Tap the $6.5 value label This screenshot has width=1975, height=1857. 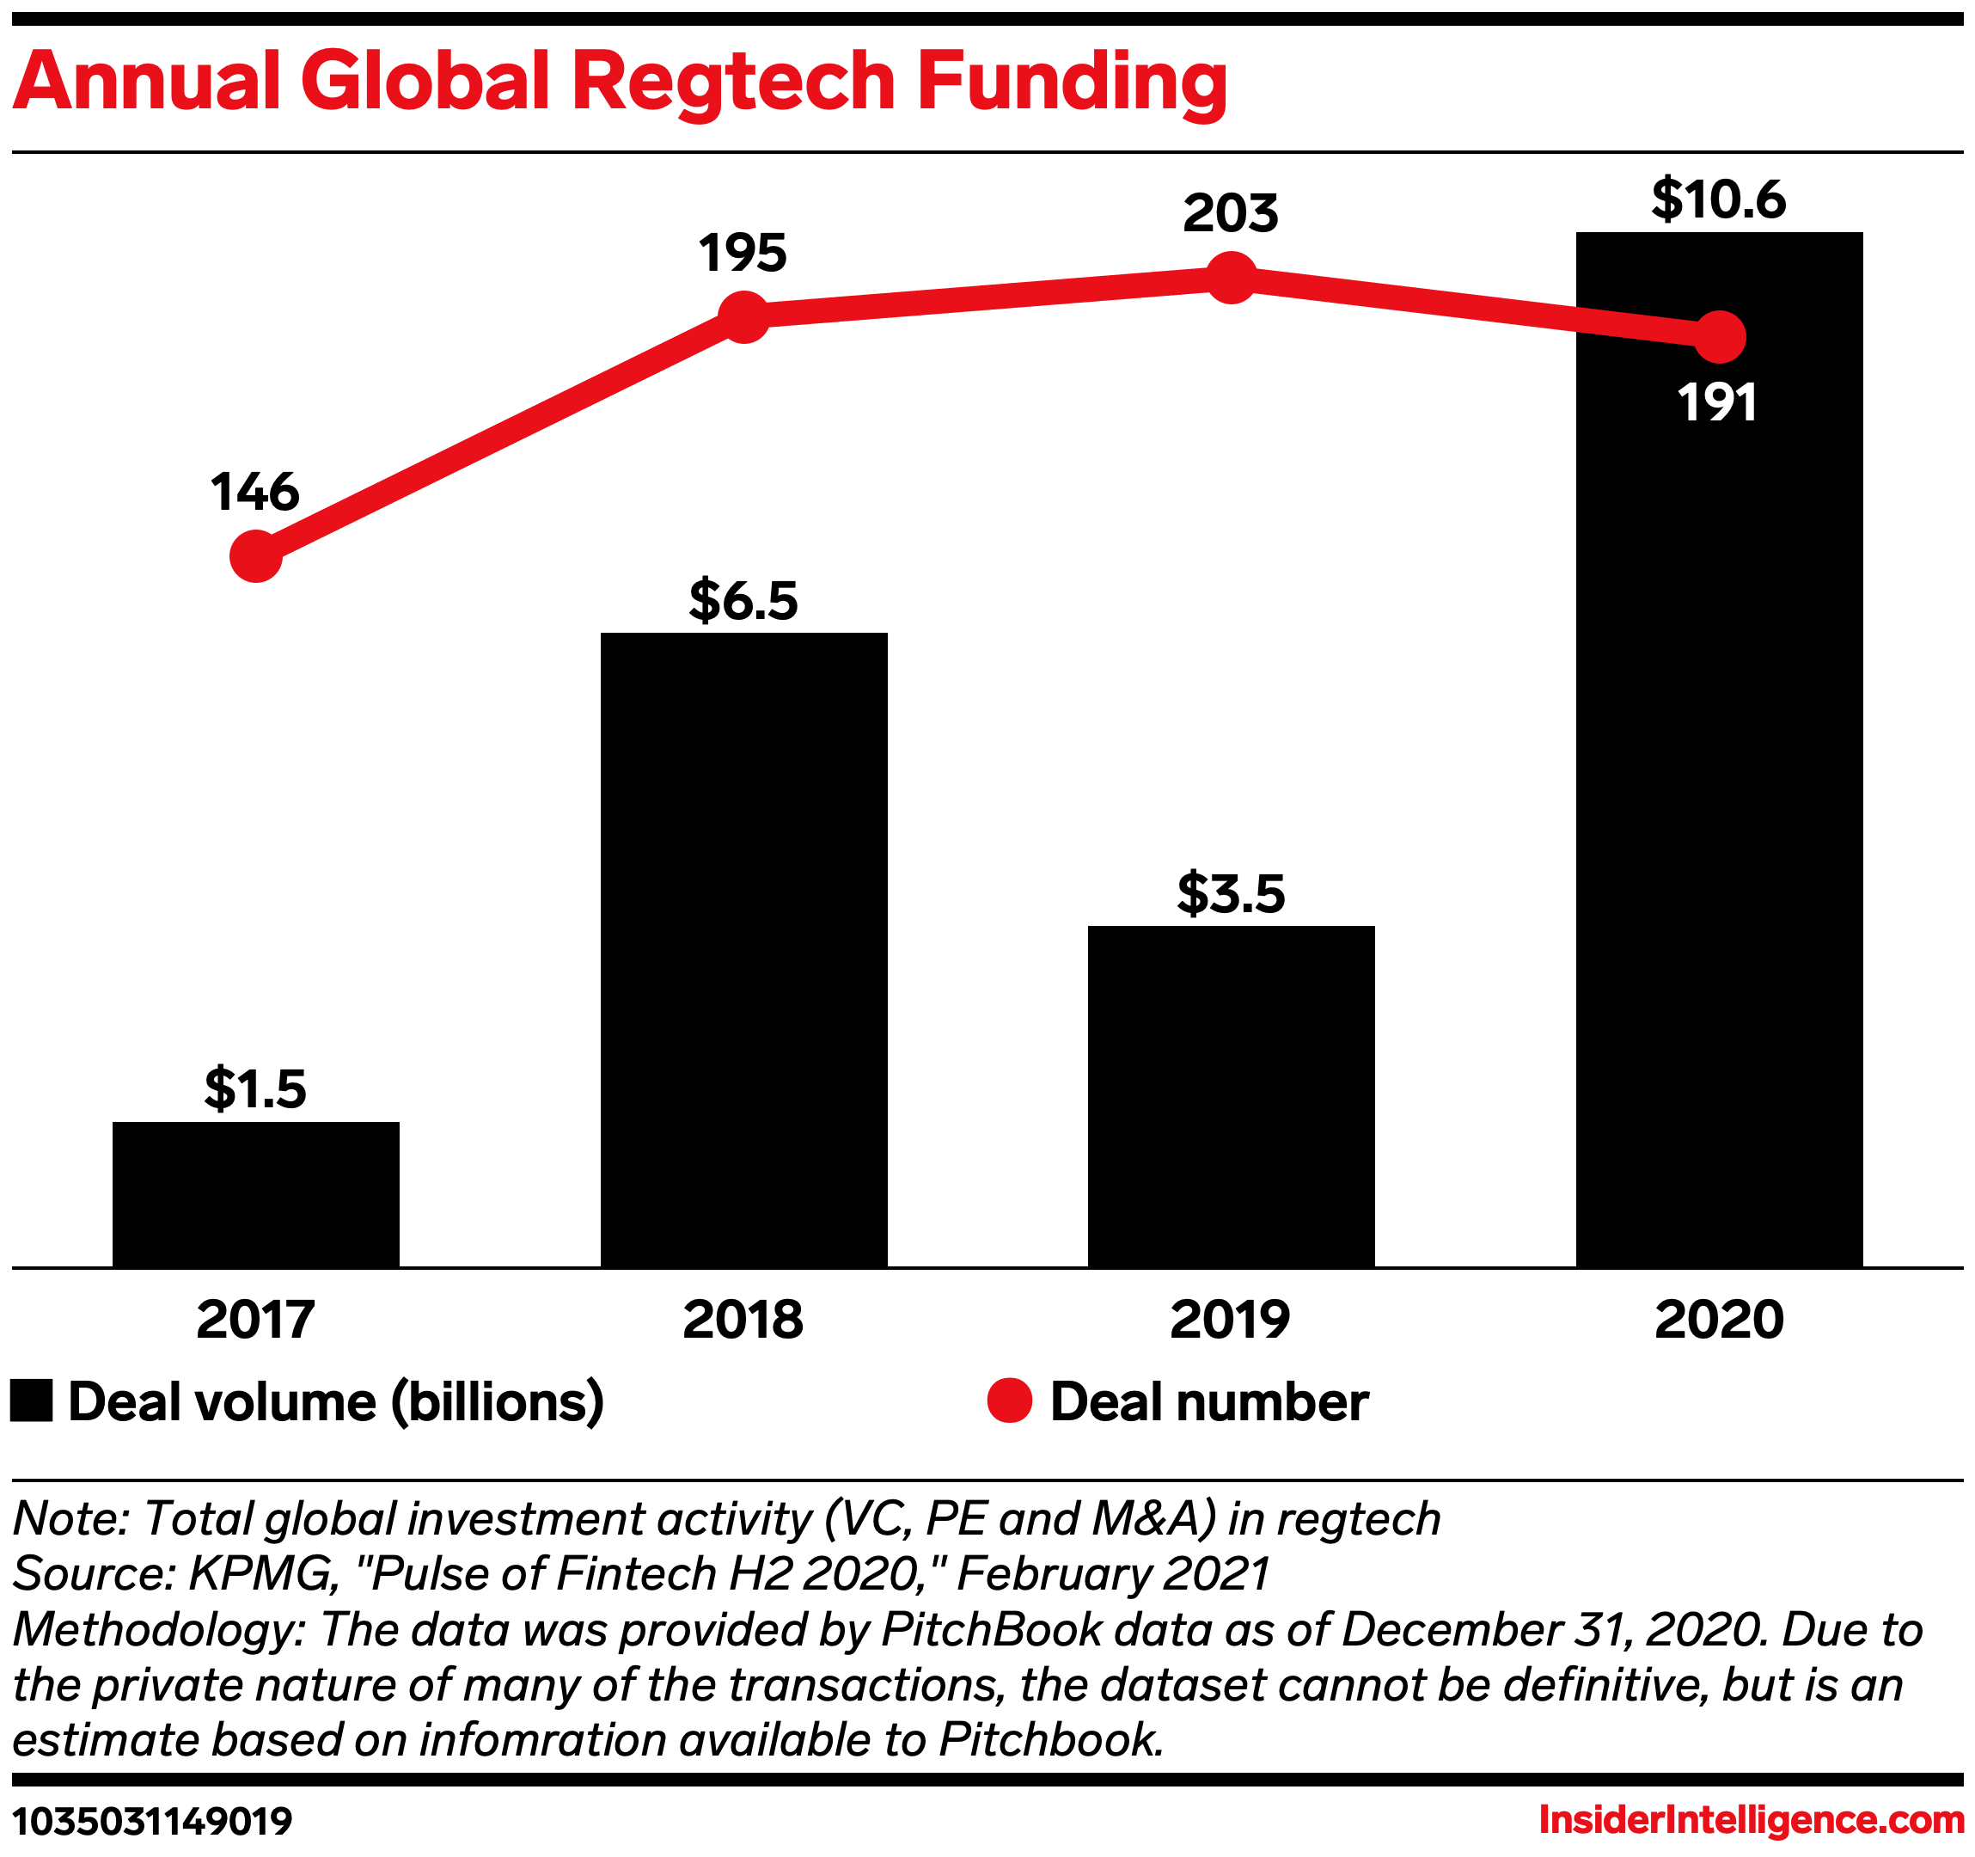(x=743, y=600)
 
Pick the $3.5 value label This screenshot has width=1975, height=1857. (x=1231, y=893)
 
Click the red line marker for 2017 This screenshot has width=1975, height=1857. (x=256, y=555)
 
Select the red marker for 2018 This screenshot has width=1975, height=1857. (x=743, y=317)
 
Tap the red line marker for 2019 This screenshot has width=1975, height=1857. (x=1231, y=277)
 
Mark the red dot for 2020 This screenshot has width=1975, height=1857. (x=1719, y=338)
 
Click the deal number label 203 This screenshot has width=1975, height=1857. (x=1230, y=213)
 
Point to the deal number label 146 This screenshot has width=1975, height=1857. (x=254, y=492)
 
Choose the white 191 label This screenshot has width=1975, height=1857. (x=1718, y=402)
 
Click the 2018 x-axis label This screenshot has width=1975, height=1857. (x=743, y=1320)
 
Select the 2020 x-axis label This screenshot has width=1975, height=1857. (x=1719, y=1320)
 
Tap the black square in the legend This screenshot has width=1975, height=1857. (x=32, y=1401)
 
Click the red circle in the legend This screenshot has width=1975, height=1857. (x=1009, y=1401)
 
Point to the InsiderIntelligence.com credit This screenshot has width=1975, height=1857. (x=1752, y=1820)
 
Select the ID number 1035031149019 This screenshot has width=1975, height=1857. (x=152, y=1821)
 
